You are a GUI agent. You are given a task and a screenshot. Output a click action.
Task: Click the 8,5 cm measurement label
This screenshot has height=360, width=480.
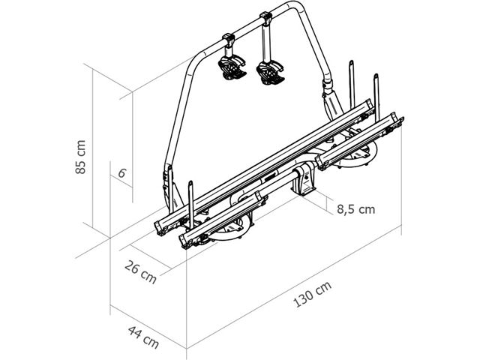(x=355, y=209)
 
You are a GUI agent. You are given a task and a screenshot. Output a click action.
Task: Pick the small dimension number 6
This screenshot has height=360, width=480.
(x=121, y=172)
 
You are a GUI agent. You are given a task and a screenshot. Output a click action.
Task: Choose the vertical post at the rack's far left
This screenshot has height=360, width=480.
(x=190, y=199)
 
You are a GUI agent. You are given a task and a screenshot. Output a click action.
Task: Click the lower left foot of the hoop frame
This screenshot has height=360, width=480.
(x=167, y=184)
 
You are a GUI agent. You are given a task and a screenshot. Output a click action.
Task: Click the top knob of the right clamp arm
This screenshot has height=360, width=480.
(x=265, y=16)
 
